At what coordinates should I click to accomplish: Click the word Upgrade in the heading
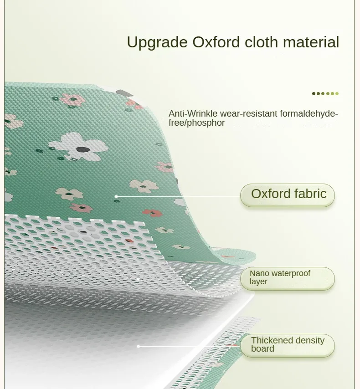tap(157, 42)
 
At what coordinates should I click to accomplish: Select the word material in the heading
tap(311, 42)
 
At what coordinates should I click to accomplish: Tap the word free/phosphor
tap(196, 123)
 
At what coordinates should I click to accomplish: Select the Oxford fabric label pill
tap(288, 194)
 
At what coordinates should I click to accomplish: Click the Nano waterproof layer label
tap(288, 278)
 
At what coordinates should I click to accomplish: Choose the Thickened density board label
tap(288, 345)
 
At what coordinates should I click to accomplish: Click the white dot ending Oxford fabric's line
tap(116, 196)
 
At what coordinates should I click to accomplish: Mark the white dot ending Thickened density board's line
tap(138, 346)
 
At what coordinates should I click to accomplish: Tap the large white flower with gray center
tap(78, 146)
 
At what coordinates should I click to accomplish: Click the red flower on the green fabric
tap(152, 213)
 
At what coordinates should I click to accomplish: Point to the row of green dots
tap(325, 93)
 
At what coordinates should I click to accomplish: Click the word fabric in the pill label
tap(309, 194)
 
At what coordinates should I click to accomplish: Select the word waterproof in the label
tap(291, 273)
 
